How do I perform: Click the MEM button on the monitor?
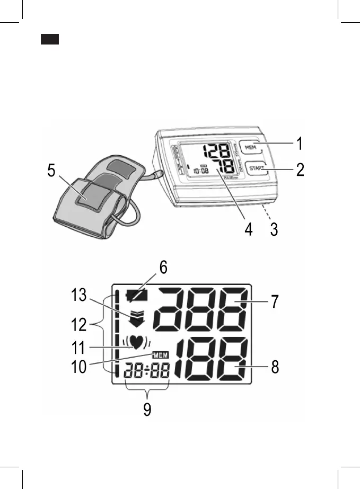click(x=250, y=147)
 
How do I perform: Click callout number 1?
click(x=300, y=144)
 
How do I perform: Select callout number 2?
click(x=300, y=171)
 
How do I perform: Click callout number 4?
click(x=248, y=230)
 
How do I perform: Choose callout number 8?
click(x=275, y=367)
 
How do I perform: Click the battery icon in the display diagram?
click(x=136, y=295)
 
